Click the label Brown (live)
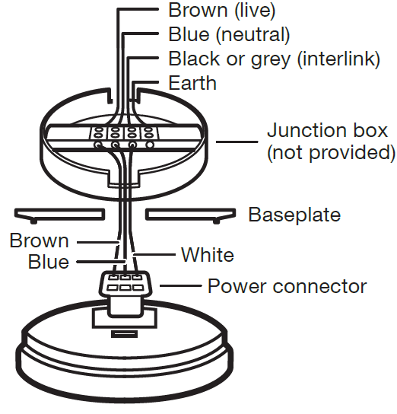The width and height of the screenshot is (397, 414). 221,11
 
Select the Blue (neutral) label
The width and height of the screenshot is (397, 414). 229,34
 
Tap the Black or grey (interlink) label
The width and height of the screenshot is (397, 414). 275,59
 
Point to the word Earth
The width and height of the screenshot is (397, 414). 192,83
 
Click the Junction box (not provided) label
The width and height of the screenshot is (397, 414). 331,142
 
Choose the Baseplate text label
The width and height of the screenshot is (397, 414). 294,215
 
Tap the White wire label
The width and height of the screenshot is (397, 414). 208,255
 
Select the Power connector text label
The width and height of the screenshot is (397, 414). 287,286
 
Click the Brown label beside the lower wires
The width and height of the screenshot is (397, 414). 40,240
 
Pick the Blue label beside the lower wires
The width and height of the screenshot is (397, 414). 49,262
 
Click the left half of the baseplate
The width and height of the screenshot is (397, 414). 59,214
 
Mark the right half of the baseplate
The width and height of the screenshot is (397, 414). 190,214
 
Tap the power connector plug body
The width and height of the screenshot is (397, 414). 125,283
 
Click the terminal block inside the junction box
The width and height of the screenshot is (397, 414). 124,133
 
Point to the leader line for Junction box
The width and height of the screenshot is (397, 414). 237,142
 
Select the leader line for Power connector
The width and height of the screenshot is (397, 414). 181,285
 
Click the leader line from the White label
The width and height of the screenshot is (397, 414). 154,254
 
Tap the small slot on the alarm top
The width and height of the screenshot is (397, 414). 124,334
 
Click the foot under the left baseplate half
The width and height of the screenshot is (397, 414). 33,221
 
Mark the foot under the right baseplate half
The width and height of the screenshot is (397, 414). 216,221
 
